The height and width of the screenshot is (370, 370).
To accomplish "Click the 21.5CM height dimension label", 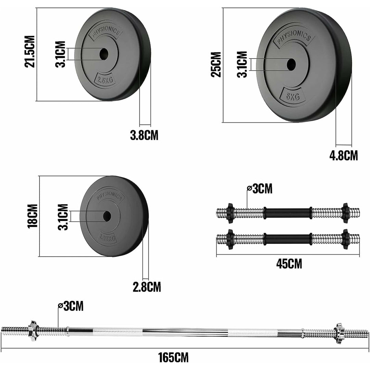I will (30, 51).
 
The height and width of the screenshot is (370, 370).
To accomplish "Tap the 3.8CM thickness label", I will (144, 135).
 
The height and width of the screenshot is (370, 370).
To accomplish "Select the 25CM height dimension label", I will (216, 64).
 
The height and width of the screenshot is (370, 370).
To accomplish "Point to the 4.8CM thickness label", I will (343, 156).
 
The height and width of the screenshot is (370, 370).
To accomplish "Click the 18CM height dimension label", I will (33, 216).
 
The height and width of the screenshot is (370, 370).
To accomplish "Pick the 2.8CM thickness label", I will (147, 286).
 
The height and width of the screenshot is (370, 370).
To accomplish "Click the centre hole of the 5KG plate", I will (291, 64).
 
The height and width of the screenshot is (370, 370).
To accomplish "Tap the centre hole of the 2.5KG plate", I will (103, 53).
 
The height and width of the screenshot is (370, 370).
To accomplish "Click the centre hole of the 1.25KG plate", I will (107, 215).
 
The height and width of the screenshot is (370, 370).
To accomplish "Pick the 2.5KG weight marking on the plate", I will (105, 80).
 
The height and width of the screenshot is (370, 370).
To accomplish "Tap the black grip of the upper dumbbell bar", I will (287, 213).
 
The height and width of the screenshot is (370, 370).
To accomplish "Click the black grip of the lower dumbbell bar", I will (287, 239).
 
